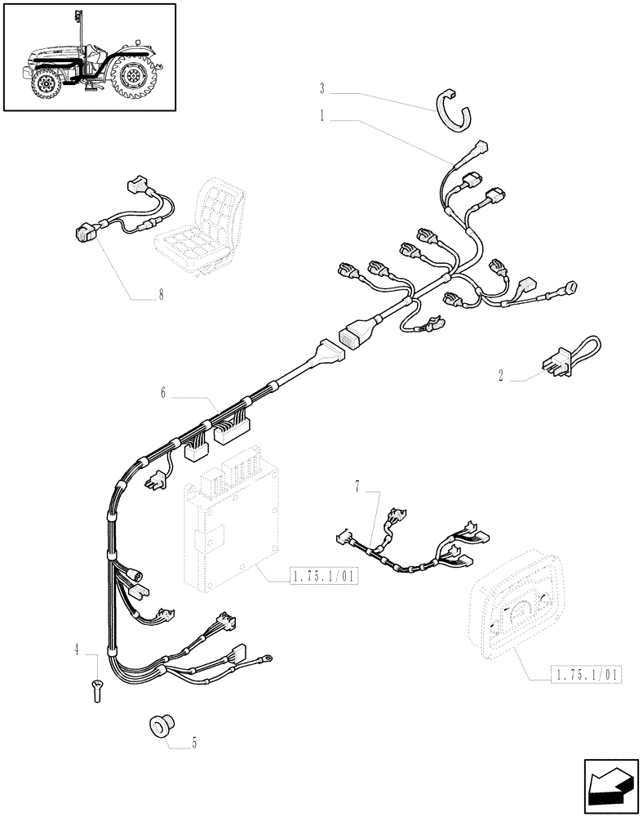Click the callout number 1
click(x=323, y=118)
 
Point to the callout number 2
click(x=500, y=377)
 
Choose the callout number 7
click(x=357, y=487)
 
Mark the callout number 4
click(x=78, y=650)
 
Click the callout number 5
click(x=194, y=743)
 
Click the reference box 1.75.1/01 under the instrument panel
click(x=587, y=674)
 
